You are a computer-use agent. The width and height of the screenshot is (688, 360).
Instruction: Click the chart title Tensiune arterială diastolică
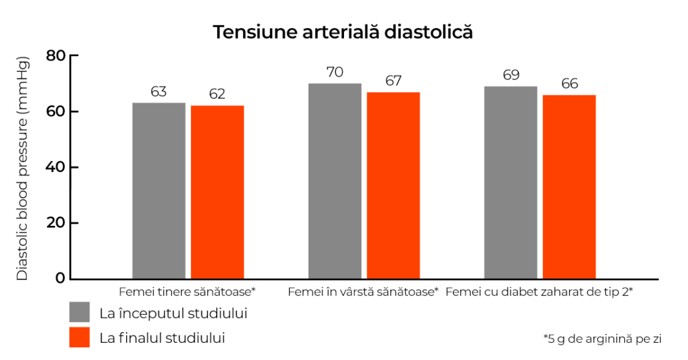pos(343,32)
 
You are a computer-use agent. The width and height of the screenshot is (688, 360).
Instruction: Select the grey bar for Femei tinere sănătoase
pos(159,190)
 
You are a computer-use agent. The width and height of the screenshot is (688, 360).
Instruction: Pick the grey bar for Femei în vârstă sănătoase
pos(335,181)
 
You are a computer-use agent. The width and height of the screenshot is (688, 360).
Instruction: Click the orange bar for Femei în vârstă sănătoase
pos(393,185)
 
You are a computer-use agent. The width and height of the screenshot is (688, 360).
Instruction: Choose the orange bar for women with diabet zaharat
pos(569,187)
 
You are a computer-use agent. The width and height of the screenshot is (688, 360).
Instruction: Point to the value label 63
pos(159,92)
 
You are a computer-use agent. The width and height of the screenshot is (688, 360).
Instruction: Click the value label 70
pos(335,72)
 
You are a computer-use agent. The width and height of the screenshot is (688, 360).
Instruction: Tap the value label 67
pos(393,81)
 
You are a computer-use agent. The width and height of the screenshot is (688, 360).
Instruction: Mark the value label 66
pos(569,84)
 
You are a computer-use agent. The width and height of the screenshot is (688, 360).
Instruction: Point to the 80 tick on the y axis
pos(56,56)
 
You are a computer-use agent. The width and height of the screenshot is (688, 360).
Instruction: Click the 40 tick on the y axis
pos(56,167)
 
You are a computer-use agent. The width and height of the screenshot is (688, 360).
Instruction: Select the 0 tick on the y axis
pos(60,279)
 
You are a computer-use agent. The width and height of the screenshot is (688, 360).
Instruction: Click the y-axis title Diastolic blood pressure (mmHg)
pos(23,168)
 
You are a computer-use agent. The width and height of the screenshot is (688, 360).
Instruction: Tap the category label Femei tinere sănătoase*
pos(187,292)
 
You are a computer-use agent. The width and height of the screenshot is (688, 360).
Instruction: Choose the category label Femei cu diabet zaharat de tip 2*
pos(539,292)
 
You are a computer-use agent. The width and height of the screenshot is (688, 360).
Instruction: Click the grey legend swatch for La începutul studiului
pos(80,312)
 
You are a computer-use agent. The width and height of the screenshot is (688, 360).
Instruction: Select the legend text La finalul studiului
pos(162,337)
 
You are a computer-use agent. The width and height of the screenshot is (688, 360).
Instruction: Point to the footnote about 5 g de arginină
pos(602,338)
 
